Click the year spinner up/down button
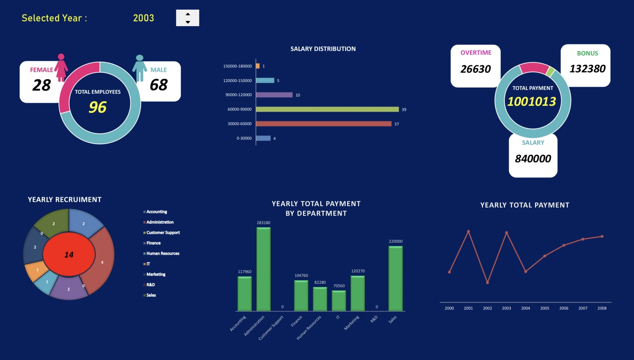[x=188, y=18]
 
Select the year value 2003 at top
[x=143, y=18]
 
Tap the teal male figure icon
[x=140, y=68]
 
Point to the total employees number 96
[x=98, y=107]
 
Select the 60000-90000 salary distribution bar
[x=327, y=109]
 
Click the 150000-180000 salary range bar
[x=258, y=66]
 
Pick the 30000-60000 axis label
[x=240, y=124]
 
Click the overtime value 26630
[x=475, y=69]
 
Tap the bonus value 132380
[x=587, y=69]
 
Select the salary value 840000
[x=533, y=159]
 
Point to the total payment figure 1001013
[x=532, y=101]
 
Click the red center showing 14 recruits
[x=69, y=254]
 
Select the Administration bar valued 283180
[x=263, y=269]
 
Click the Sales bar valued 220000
[x=395, y=279]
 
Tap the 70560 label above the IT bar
[x=339, y=286]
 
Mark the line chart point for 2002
[x=487, y=283]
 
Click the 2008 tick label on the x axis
[x=602, y=308]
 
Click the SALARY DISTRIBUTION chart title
[x=323, y=49]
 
